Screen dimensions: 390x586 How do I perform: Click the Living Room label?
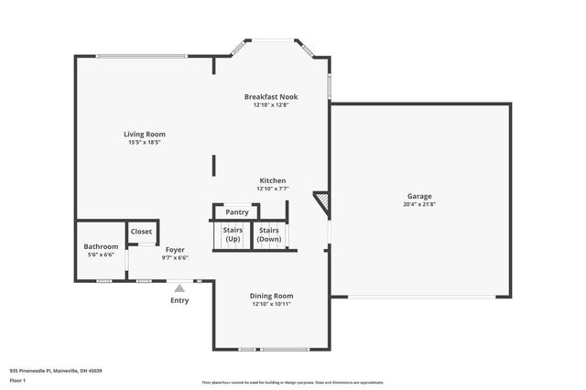(x=145, y=135)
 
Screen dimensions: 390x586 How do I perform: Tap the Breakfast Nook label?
(x=270, y=97)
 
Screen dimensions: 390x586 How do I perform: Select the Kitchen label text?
(x=273, y=181)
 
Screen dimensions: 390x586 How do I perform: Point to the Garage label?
(x=419, y=196)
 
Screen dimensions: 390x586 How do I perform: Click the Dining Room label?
(x=272, y=296)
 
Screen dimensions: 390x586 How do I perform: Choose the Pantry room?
(x=237, y=212)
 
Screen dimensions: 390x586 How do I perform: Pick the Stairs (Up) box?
(x=233, y=234)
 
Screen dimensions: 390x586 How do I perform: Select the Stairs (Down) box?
(x=269, y=234)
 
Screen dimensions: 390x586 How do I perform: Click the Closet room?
(x=142, y=232)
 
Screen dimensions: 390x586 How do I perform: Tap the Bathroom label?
(x=101, y=246)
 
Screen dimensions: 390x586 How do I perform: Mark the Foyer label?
(x=175, y=249)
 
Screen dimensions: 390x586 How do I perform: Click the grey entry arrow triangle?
(x=179, y=288)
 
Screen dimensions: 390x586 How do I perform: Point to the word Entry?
(x=179, y=300)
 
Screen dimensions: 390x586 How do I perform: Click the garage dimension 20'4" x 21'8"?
(x=419, y=204)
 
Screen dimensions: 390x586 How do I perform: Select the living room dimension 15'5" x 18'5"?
(x=145, y=143)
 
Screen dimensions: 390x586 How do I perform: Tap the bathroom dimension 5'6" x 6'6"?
(x=101, y=255)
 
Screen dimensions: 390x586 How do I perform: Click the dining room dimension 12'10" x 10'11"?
(x=272, y=304)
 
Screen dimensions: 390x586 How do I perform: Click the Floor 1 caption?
(x=17, y=378)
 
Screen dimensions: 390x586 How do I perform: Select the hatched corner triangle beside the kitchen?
(x=321, y=200)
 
